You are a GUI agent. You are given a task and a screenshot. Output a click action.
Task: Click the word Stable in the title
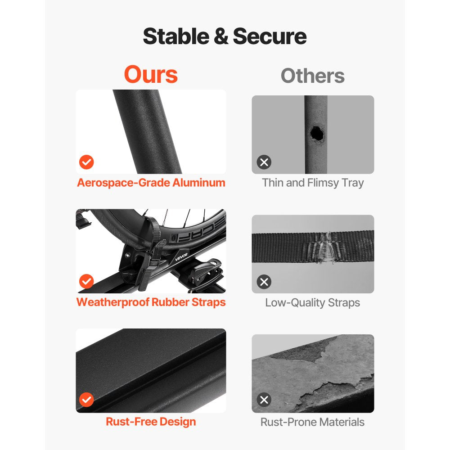[176, 36]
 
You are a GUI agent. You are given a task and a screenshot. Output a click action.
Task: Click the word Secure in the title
[270, 36]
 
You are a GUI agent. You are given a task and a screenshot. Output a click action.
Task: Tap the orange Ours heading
[151, 74]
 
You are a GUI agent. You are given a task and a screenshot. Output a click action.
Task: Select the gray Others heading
[313, 76]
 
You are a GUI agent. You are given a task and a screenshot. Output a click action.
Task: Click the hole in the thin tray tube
[317, 134]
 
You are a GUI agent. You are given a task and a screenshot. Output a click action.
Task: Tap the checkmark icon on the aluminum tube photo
[86, 162]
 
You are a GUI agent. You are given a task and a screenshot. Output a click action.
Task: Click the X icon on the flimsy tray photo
[264, 162]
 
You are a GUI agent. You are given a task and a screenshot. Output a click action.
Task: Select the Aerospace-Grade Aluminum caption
[151, 183]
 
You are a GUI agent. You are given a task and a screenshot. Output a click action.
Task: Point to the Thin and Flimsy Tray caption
[313, 183]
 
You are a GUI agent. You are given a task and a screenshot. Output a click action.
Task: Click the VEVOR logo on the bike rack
[181, 256]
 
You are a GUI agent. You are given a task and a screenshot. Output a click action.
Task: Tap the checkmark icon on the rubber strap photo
[86, 282]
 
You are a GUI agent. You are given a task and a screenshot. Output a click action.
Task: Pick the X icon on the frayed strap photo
[264, 282]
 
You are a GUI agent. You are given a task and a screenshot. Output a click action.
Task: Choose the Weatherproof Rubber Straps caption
[151, 302]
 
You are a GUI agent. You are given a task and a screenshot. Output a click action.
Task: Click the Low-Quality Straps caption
[313, 302]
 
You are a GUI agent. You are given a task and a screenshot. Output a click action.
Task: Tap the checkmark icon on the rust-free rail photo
[86, 400]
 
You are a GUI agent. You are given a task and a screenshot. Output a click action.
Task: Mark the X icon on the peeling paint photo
[264, 400]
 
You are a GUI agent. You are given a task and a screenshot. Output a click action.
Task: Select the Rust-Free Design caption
[151, 422]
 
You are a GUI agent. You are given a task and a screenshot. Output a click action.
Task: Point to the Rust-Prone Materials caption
[313, 422]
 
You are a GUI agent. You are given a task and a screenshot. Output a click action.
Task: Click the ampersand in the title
[221, 36]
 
